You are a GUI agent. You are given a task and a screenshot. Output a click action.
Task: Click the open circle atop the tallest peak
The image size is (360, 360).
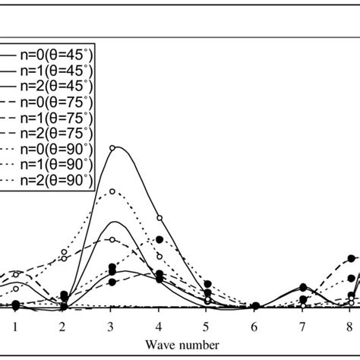pos(112,148)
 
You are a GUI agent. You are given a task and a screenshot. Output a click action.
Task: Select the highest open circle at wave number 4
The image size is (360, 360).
pos(159,218)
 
